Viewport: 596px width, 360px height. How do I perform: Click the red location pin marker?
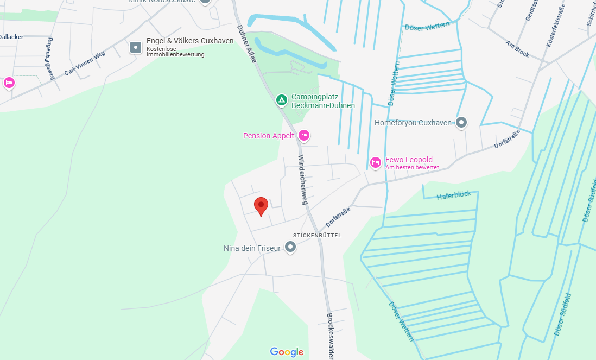click(261, 206)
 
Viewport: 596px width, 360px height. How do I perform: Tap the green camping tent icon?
click(281, 100)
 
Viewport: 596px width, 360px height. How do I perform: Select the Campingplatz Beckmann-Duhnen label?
click(323, 101)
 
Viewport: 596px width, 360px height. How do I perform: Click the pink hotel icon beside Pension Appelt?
click(304, 135)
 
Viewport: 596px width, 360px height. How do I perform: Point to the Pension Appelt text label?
click(268, 136)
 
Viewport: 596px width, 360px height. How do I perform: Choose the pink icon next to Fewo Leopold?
click(375, 162)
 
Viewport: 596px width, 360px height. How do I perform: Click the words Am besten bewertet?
click(412, 167)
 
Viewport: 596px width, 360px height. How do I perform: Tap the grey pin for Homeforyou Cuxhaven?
click(461, 123)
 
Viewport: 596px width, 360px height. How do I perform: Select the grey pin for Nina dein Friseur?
click(291, 248)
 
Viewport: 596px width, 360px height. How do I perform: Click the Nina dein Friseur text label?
click(252, 248)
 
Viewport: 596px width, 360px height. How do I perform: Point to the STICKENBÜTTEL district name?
click(317, 235)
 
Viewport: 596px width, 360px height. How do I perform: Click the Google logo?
click(287, 352)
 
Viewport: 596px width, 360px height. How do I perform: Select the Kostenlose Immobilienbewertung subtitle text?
click(175, 52)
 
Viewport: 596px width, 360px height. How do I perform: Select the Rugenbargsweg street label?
click(51, 59)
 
